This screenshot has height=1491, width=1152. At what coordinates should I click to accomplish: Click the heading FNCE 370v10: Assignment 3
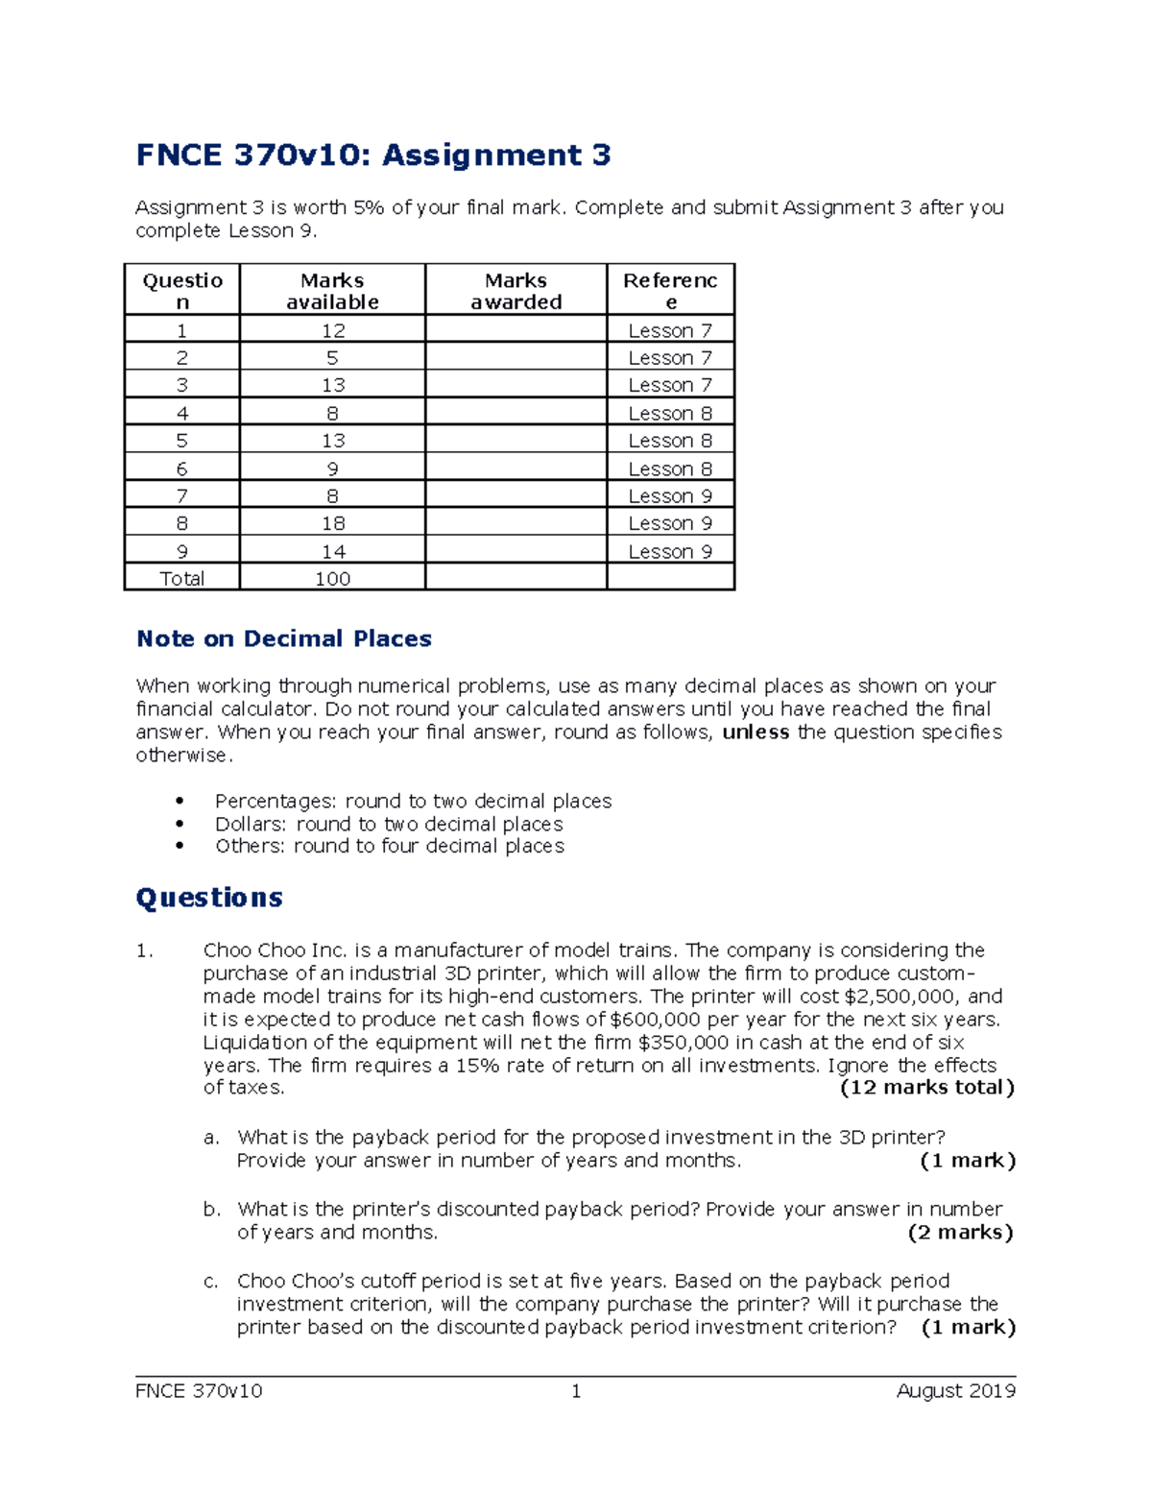(x=373, y=155)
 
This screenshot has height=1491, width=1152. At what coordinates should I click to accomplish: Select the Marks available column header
(x=332, y=291)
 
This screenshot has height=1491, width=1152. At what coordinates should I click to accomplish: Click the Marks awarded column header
(x=516, y=291)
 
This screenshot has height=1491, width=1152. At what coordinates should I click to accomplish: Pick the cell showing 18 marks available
(x=332, y=523)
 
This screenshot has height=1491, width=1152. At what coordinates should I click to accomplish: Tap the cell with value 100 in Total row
(x=332, y=579)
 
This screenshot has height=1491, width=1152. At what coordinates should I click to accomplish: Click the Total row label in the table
(x=181, y=579)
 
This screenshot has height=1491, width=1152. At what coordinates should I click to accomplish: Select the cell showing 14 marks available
(x=332, y=552)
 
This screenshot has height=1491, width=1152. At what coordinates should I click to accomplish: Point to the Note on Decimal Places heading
(x=284, y=638)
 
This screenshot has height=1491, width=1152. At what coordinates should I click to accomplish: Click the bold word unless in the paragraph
(x=756, y=733)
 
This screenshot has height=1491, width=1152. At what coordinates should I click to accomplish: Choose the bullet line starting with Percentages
(x=413, y=801)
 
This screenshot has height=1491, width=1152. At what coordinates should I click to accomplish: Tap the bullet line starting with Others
(x=389, y=846)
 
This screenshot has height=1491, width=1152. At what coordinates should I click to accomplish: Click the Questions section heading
(x=209, y=898)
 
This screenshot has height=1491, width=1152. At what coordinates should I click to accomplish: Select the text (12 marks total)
(x=926, y=1088)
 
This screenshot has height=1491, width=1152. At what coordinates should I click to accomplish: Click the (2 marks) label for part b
(x=960, y=1233)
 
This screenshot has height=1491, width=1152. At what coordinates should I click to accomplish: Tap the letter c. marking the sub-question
(x=211, y=1282)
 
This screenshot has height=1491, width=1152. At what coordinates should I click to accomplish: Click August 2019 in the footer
(x=955, y=1391)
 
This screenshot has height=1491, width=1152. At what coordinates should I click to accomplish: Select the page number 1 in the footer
(x=576, y=1391)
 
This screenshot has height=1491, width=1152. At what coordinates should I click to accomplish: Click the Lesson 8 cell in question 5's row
(x=670, y=441)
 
